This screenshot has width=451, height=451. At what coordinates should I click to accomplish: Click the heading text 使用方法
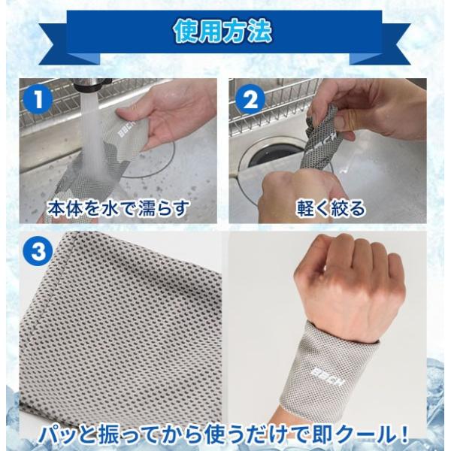coord(222,31)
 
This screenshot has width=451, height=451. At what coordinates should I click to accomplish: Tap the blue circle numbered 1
coord(38,100)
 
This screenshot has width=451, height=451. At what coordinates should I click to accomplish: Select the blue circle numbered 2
coord(250,100)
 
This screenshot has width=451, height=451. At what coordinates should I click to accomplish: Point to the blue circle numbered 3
coord(38,251)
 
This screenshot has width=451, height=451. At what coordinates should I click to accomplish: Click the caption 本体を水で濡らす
coord(118,208)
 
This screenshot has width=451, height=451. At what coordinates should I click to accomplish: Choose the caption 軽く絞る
coord(331,208)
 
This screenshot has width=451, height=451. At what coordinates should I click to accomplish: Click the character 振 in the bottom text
coord(104,437)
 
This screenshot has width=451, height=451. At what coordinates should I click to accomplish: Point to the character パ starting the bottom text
coord(50,437)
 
